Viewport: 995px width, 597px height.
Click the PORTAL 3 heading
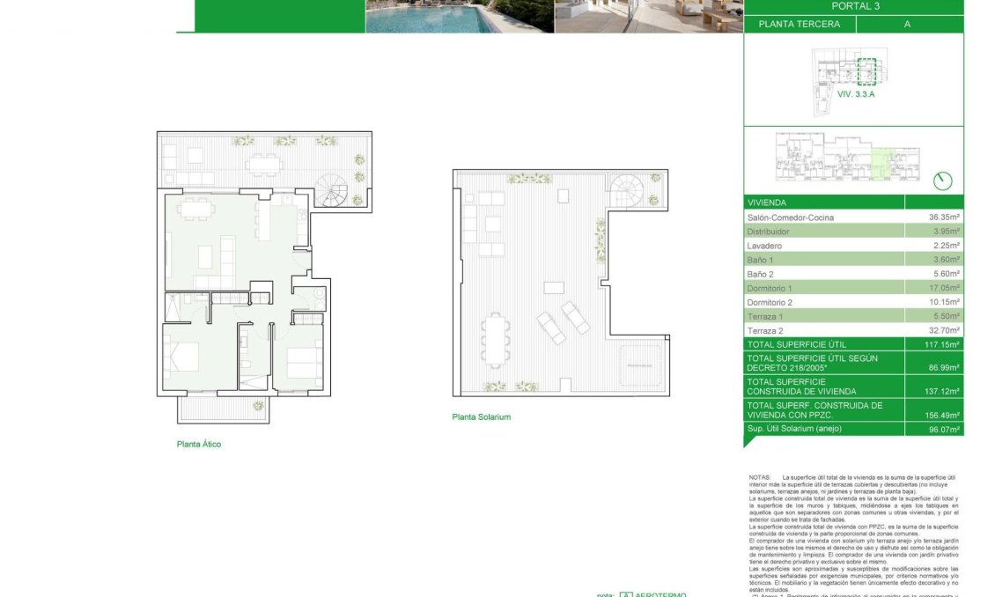[855, 6]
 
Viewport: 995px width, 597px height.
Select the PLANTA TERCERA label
[799, 25]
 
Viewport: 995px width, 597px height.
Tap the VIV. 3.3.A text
[856, 92]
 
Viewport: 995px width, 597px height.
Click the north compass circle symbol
[942, 181]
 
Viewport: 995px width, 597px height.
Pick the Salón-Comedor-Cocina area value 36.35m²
[945, 217]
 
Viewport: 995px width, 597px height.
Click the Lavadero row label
[764, 246]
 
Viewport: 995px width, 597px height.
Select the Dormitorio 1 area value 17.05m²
[945, 288]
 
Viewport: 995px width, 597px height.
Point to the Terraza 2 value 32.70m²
[945, 330]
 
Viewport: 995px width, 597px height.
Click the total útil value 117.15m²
[943, 344]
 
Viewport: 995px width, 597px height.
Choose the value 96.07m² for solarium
[945, 430]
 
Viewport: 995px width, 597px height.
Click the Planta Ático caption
[199, 445]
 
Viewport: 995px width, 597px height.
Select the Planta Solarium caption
[481, 417]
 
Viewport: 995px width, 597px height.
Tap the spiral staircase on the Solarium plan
[628, 188]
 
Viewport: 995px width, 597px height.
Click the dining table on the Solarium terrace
[494, 340]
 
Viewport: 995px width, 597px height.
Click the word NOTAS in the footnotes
[759, 477]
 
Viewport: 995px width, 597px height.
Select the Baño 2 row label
[762, 274]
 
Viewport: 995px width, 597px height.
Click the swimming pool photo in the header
[460, 16]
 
